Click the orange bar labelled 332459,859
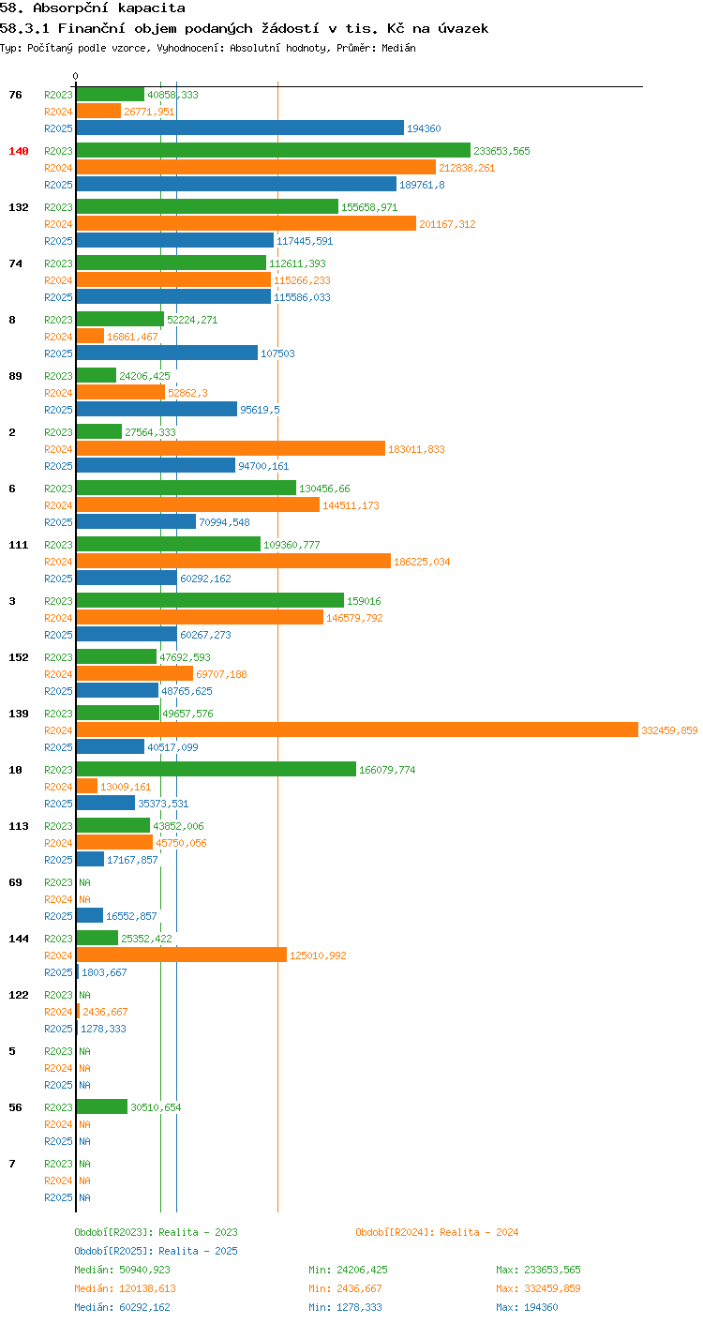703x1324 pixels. pyautogui.click(x=357, y=730)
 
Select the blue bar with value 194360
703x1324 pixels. pyautogui.click(x=241, y=128)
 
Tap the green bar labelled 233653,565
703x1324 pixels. pyautogui.click(x=274, y=150)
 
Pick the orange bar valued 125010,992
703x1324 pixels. pyautogui.click(x=182, y=955)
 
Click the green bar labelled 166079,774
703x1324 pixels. pyautogui.click(x=217, y=770)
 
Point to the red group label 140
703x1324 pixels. pyautogui.click(x=19, y=151)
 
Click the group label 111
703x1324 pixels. pyautogui.click(x=19, y=545)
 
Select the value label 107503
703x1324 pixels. pyautogui.click(x=277, y=354)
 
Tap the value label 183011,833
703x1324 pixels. pyautogui.click(x=416, y=449)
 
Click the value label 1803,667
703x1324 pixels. pyautogui.click(x=104, y=972)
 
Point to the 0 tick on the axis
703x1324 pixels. pyautogui.click(x=75, y=76)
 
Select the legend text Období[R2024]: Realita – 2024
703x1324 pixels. pyautogui.click(x=437, y=1232)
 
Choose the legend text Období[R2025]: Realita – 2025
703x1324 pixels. pyautogui.click(x=156, y=1251)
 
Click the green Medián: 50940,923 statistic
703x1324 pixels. pyautogui.click(x=122, y=1270)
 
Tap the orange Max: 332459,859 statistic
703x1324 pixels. pyautogui.click(x=538, y=1288)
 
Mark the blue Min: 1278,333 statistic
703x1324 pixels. pyautogui.click(x=345, y=1307)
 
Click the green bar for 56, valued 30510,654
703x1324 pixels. pyautogui.click(x=102, y=1107)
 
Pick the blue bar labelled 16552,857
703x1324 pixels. pyautogui.click(x=90, y=915)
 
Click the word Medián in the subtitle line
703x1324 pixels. pyautogui.click(x=398, y=48)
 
